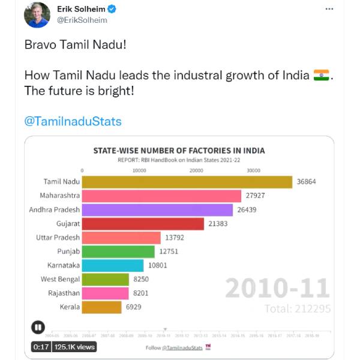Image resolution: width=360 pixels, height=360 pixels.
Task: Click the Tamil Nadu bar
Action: pyautogui.click(x=187, y=182)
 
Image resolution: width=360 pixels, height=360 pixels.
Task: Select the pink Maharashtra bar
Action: pyautogui.click(x=161, y=196)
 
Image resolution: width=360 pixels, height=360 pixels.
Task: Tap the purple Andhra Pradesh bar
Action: pyautogui.click(x=157, y=210)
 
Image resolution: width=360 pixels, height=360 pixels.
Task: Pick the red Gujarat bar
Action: pyautogui.click(x=143, y=224)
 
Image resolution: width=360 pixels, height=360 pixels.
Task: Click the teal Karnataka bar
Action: pyautogui.click(x=112, y=265)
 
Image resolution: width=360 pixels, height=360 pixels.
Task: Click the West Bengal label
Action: pyautogui.click(x=60, y=279)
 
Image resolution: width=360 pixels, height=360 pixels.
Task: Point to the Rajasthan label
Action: pyautogui.click(x=64, y=293)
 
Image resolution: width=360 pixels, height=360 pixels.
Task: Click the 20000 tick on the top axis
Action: pyautogui.click(x=197, y=170)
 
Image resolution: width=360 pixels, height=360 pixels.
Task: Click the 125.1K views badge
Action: pyautogui.click(x=74, y=347)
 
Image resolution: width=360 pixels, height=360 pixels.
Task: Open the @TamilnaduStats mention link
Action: pyautogui.click(x=73, y=121)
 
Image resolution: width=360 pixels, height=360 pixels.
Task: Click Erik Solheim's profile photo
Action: pyautogui.click(x=37, y=15)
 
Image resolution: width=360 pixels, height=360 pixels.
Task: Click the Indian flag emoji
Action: pyautogui.click(x=322, y=76)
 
